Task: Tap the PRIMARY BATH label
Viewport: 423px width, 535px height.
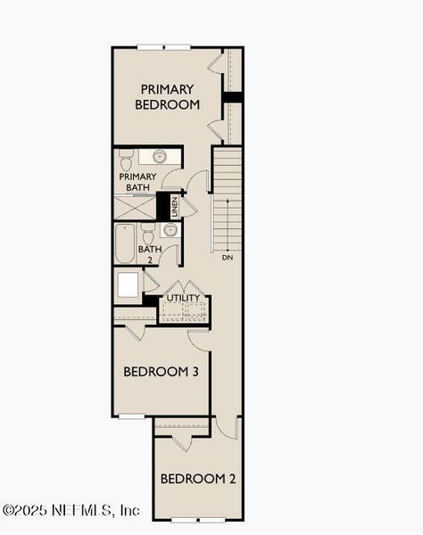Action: point(137,182)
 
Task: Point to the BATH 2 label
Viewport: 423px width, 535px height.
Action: point(149,255)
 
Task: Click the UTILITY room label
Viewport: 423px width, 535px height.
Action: point(183,298)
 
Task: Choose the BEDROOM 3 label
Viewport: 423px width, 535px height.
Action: point(161,371)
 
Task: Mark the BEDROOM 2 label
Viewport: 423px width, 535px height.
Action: point(198,479)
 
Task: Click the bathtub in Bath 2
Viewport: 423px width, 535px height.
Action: point(124,243)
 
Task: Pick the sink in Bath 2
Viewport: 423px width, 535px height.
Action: point(170,230)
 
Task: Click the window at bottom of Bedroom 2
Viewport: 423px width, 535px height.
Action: point(196,519)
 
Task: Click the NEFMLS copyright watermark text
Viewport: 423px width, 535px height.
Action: point(71,511)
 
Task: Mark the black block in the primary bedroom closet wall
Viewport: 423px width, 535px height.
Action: point(233,96)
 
